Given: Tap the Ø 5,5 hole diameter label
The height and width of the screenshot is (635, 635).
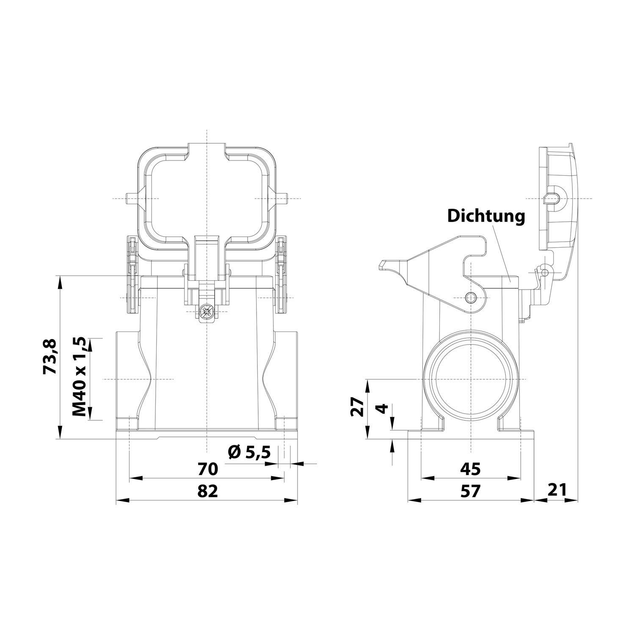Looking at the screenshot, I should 249,453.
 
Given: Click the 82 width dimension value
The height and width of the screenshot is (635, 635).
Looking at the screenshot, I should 207,491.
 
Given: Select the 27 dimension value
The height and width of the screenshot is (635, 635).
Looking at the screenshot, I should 358,407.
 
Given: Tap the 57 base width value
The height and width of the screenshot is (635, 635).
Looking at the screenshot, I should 470,491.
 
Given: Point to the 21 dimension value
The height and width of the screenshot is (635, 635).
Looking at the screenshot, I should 556,490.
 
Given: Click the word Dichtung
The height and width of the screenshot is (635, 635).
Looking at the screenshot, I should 486,216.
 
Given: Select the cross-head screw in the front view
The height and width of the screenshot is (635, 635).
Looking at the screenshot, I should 207,312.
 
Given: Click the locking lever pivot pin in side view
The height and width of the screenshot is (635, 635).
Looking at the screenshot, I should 470,298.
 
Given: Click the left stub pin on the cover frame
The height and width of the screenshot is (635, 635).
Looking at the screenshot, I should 130,199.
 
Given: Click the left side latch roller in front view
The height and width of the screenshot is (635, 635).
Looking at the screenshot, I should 133,275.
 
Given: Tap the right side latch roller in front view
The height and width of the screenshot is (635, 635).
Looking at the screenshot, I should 281,275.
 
